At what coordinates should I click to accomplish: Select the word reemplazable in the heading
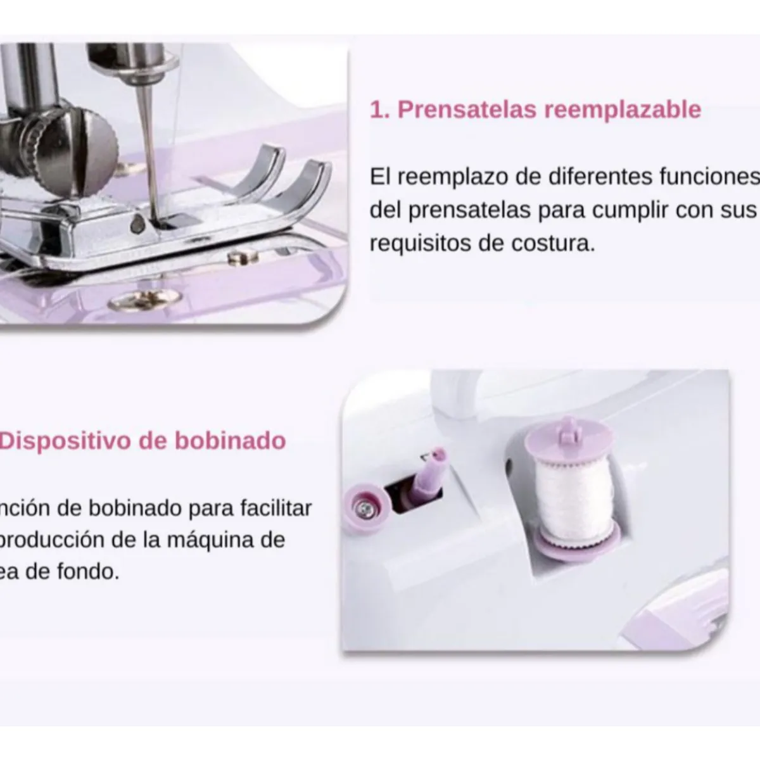(x=623, y=110)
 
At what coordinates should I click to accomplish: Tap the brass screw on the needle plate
(x=141, y=302)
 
